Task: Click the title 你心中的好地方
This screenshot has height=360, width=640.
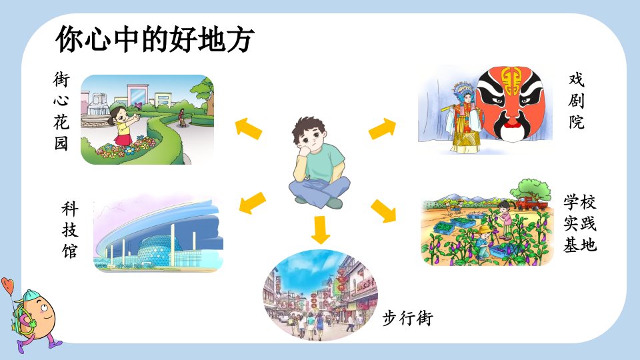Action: click(x=155, y=39)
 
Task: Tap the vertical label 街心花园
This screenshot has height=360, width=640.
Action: click(x=61, y=111)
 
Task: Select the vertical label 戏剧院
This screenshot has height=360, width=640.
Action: click(x=576, y=101)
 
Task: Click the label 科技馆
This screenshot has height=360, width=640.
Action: click(x=70, y=230)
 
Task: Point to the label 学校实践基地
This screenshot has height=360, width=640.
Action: click(x=580, y=223)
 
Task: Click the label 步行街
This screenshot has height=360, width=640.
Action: click(x=407, y=318)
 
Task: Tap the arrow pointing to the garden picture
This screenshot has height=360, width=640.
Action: click(x=248, y=129)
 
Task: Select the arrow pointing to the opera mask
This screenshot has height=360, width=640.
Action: click(x=383, y=129)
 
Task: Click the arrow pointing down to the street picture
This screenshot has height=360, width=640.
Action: click(x=320, y=229)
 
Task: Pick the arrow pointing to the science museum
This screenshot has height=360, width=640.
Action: click(x=252, y=203)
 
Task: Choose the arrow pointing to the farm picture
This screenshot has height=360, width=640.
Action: click(x=383, y=211)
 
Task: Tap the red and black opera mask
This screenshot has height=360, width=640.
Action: click(x=511, y=104)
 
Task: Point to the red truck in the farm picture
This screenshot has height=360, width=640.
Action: click(x=529, y=203)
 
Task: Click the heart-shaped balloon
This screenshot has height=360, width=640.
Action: click(x=8, y=285)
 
